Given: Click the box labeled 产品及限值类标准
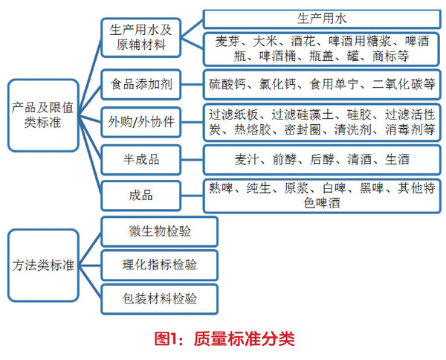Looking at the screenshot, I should (x=43, y=115).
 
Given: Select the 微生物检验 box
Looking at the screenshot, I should (x=158, y=231).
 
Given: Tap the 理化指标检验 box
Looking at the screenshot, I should (x=158, y=265).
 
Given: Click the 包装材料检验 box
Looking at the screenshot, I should (x=158, y=299).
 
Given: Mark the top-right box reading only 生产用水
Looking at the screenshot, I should (x=321, y=17).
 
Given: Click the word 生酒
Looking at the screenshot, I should (x=395, y=159).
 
